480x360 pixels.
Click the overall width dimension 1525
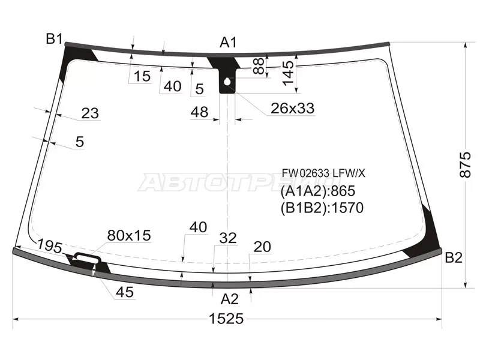coord(226,319)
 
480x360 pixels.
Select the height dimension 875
coord(465,164)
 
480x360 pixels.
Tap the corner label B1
coord(54,39)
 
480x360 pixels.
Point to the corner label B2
coord(454,258)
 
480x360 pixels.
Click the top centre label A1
coord(229,42)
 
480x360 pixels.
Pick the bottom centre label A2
coord(230,299)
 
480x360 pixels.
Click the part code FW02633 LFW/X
coord(323,173)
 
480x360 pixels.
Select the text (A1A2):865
coord(318,191)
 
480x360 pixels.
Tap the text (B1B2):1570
coord(322,208)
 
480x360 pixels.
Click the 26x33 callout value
coord(293,108)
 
